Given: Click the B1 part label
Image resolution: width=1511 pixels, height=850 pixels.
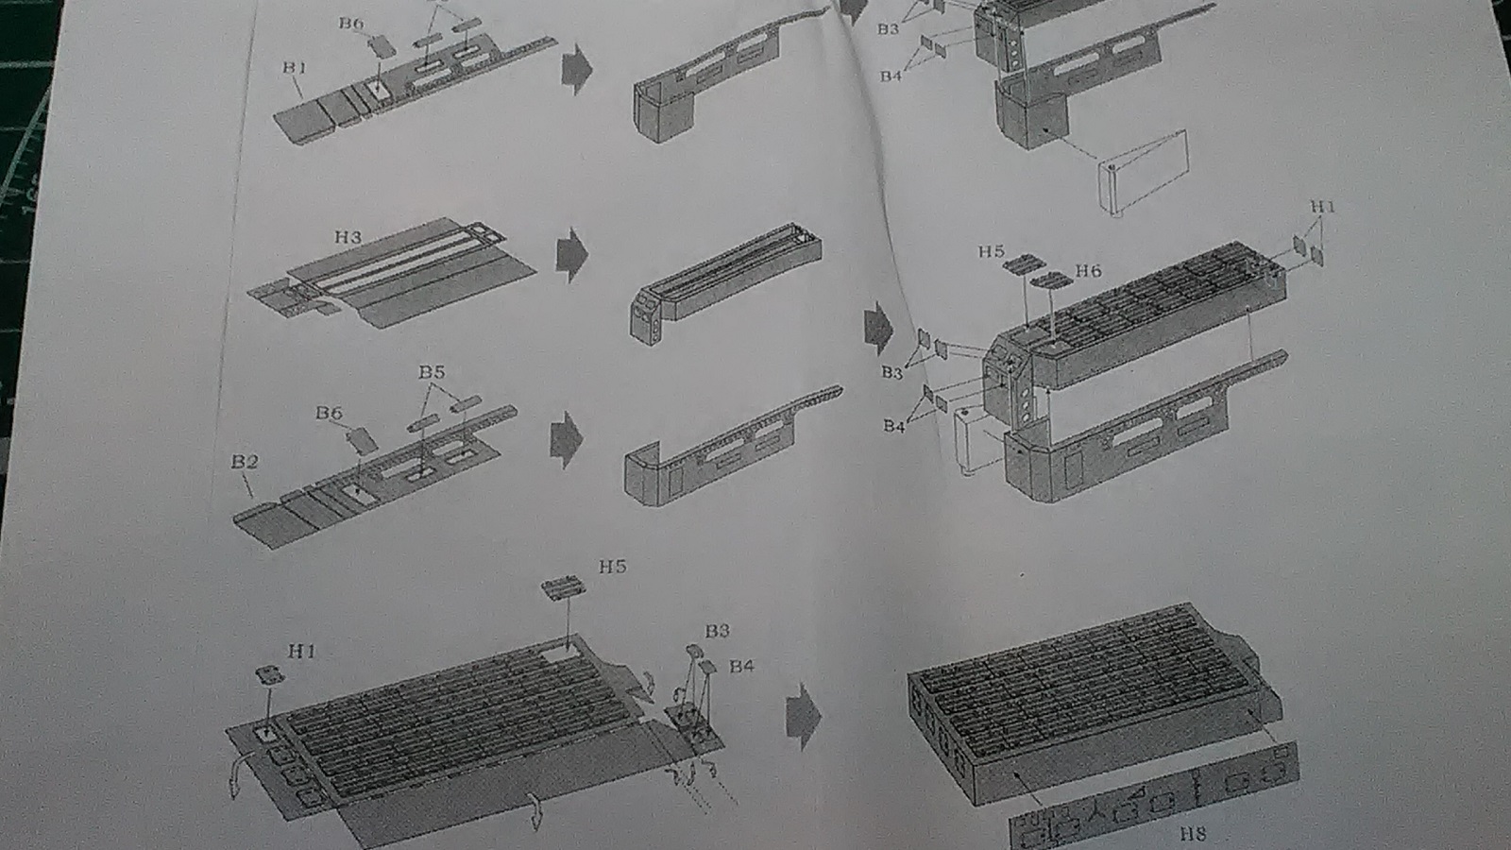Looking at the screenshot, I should [x=294, y=68].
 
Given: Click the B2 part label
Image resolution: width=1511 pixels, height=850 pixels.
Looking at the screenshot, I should [x=244, y=462].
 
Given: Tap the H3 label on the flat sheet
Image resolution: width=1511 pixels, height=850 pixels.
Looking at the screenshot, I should [x=348, y=237].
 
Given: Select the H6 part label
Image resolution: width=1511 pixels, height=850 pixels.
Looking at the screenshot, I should [x=1088, y=271].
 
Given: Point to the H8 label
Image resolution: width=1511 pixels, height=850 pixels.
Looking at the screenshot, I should [x=1193, y=833].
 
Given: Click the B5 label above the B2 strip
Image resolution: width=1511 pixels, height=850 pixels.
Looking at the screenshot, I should [x=432, y=372].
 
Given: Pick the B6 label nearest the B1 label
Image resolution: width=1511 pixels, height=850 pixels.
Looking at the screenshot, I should [x=351, y=24].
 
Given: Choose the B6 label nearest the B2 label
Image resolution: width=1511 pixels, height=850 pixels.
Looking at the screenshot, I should [x=329, y=413].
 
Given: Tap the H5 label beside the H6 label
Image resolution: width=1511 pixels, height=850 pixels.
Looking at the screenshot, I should [x=991, y=251].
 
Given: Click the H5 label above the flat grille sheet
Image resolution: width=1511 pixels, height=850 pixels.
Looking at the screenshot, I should [x=612, y=567].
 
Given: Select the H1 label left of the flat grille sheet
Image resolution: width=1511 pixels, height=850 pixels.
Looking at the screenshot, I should [x=301, y=651].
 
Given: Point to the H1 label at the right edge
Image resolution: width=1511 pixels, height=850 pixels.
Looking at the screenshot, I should [x=1323, y=207].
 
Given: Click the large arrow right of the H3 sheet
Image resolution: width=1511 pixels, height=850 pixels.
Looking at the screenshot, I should [x=571, y=254].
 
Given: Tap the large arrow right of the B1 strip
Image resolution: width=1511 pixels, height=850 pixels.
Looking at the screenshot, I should [x=576, y=71].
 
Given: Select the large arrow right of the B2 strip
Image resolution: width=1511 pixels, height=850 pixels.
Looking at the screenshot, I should [x=566, y=439].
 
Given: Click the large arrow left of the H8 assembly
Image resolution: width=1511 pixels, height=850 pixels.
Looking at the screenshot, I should [x=804, y=716].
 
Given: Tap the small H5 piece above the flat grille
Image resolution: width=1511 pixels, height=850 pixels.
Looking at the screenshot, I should [x=563, y=588].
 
